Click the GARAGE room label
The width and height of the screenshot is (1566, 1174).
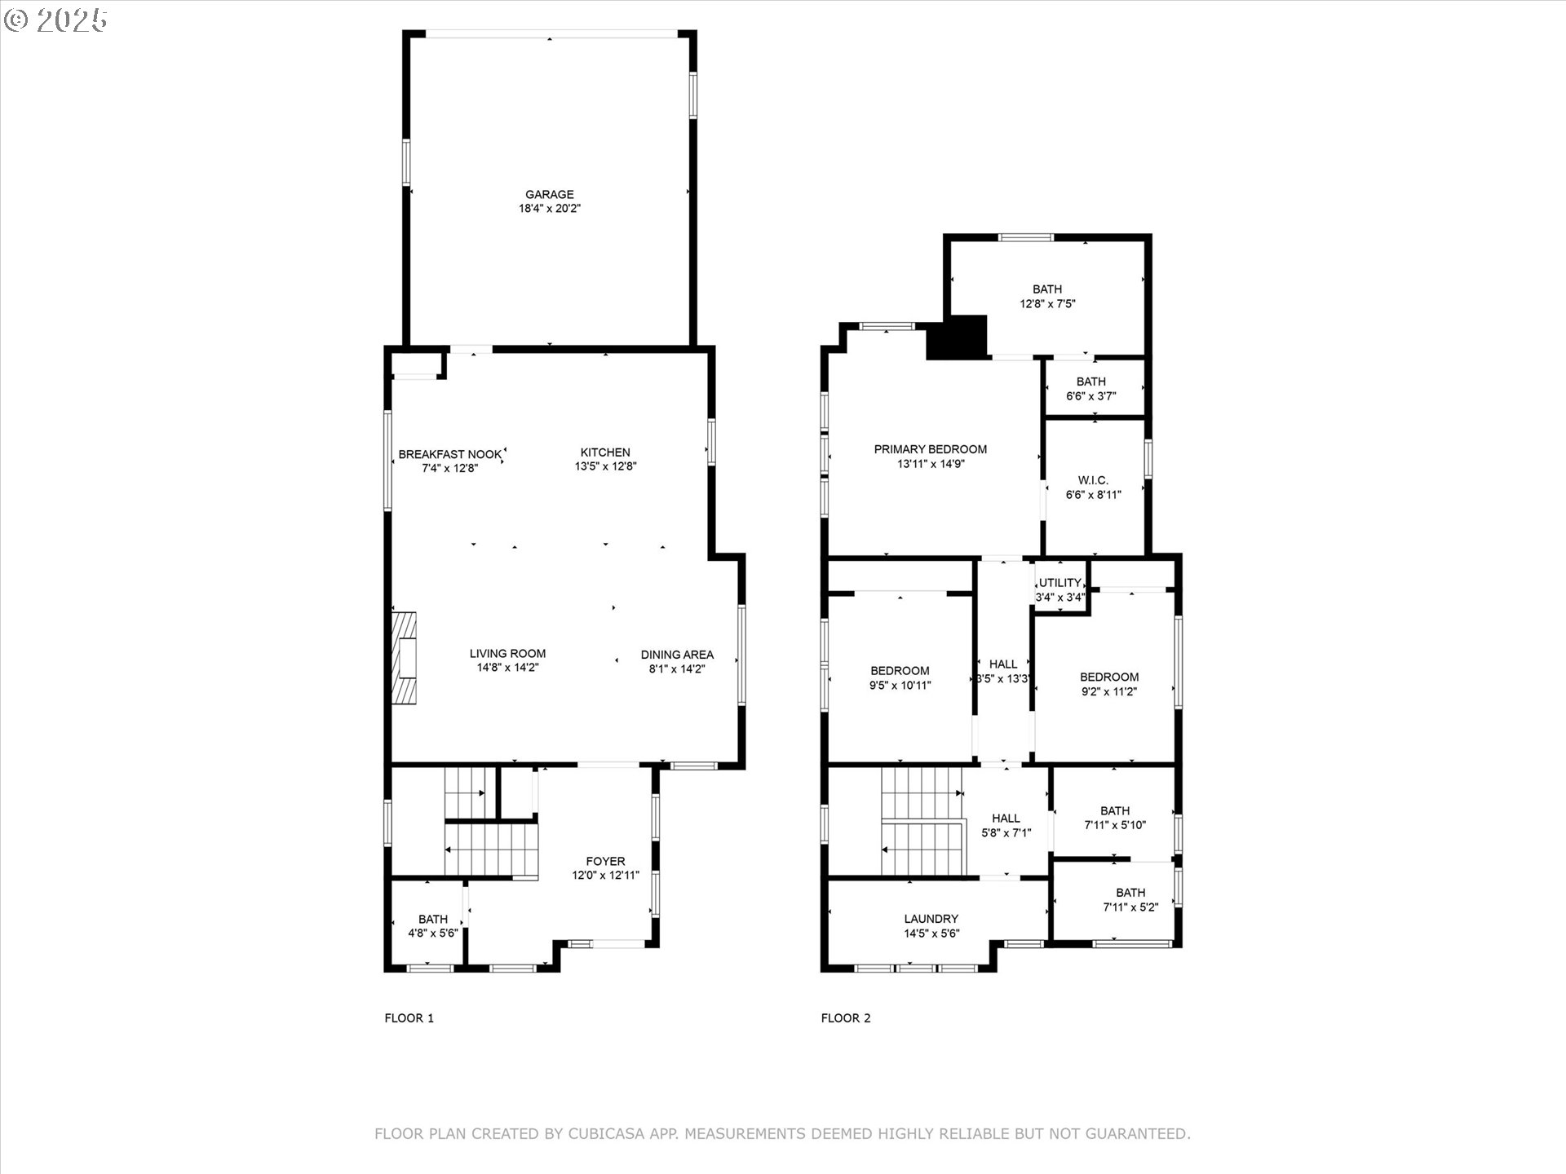(549, 194)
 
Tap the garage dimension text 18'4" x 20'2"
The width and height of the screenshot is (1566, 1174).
(549, 209)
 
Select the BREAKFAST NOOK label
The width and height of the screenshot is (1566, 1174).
(450, 454)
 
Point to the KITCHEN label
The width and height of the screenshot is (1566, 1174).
(605, 452)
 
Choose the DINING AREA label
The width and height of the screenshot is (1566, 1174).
(677, 655)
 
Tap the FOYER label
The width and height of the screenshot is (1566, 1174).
(605, 861)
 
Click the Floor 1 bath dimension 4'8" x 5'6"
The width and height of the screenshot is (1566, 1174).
(433, 933)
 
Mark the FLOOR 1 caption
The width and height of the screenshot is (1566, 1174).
(409, 1017)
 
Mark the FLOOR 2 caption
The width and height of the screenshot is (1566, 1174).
(846, 1017)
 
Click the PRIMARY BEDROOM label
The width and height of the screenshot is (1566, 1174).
(931, 449)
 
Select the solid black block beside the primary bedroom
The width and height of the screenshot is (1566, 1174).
(957, 338)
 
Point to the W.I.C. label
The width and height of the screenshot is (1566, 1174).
(1093, 480)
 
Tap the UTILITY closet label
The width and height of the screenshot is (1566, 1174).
(1060, 583)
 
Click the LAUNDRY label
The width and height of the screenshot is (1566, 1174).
(931, 919)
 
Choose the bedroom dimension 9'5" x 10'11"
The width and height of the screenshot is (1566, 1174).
(900, 686)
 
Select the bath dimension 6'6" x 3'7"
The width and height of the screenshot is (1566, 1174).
(1091, 396)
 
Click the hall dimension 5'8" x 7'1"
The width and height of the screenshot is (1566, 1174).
(1006, 833)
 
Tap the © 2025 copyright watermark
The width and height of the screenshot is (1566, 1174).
(55, 20)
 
